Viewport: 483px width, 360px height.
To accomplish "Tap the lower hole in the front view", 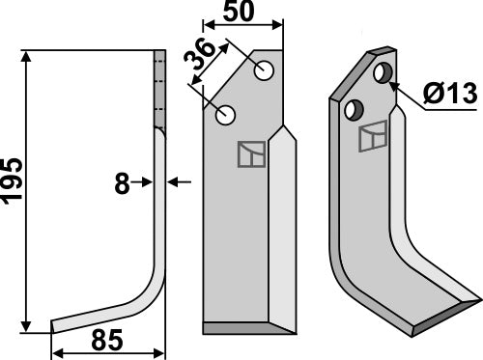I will [227, 116].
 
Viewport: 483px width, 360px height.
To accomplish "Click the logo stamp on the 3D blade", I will [371, 139].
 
